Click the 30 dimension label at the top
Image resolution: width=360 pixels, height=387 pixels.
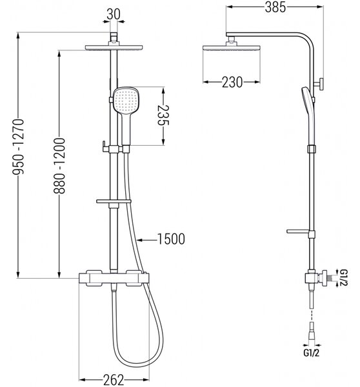[114, 14]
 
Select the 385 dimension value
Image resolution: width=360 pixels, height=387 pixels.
[275, 7]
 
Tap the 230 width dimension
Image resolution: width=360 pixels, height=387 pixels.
[232, 82]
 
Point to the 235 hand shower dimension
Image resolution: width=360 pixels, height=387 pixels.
[163, 115]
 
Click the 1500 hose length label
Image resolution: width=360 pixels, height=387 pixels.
[171, 239]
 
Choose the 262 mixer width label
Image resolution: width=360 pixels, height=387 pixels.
[114, 380]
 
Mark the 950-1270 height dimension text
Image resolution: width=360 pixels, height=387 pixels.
[18, 146]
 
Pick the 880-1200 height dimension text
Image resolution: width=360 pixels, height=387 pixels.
[59, 166]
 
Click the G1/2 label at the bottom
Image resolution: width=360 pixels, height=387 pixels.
[311, 353]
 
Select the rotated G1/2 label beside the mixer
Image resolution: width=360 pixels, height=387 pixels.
[343, 277]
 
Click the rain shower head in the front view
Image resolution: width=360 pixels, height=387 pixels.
[114, 47]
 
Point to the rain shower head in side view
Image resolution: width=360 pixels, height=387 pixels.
[232, 48]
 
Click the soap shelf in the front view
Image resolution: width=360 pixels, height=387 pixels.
[114, 201]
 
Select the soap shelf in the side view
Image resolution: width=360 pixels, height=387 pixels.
[298, 232]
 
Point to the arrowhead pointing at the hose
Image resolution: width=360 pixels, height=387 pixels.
[139, 240]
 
